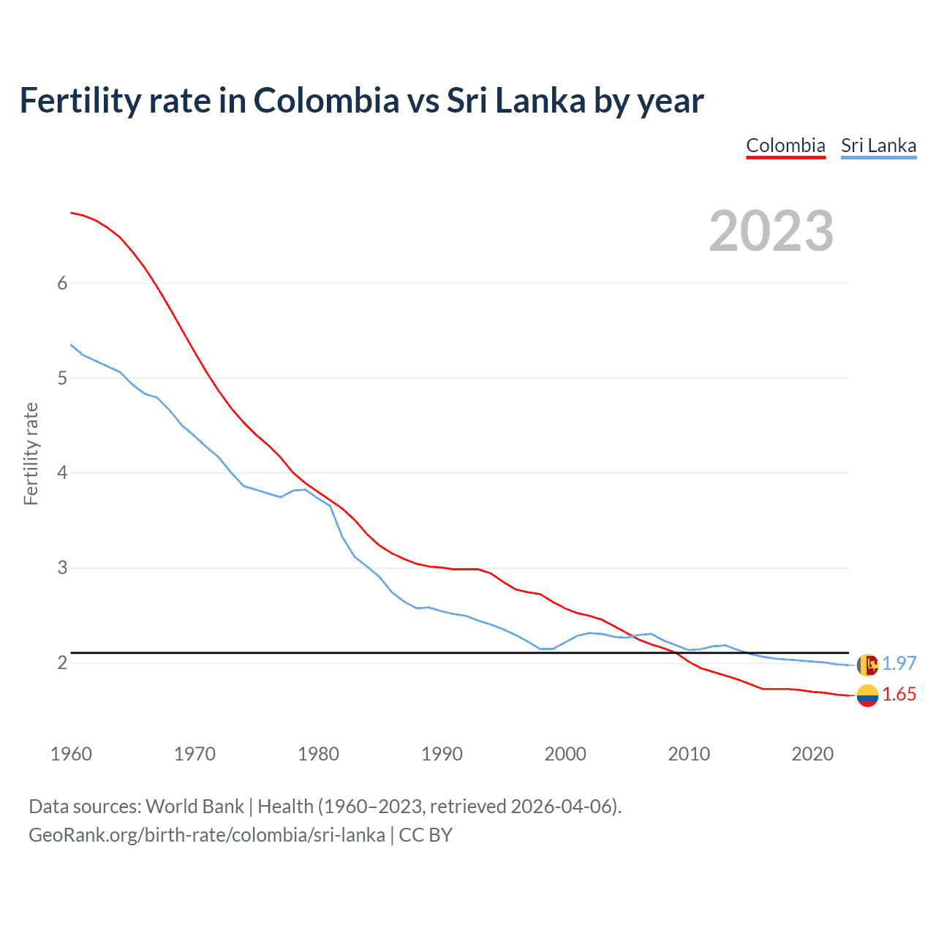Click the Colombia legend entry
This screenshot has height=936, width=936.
785,146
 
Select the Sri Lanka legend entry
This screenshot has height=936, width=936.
878,146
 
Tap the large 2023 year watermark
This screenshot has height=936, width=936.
771,231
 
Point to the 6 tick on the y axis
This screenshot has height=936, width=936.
62,284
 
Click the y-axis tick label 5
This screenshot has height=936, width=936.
62,379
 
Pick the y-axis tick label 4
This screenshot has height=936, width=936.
62,473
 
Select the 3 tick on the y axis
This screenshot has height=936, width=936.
62,568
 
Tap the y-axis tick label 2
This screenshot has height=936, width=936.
62,663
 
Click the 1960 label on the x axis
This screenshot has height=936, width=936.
71,754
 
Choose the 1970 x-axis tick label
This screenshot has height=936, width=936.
195,754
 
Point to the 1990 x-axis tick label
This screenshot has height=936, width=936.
442,754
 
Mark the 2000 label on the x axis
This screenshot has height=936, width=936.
565,754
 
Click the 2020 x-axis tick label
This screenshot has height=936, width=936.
812,754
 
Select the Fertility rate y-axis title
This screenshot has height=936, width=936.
31,453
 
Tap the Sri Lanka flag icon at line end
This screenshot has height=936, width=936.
867,665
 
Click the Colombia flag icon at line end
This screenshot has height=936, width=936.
867,695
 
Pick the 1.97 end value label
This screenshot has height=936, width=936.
899,663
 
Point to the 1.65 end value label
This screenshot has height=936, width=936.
899,695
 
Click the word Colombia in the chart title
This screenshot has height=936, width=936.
326,100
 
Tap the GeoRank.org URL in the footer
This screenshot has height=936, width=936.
206,835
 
